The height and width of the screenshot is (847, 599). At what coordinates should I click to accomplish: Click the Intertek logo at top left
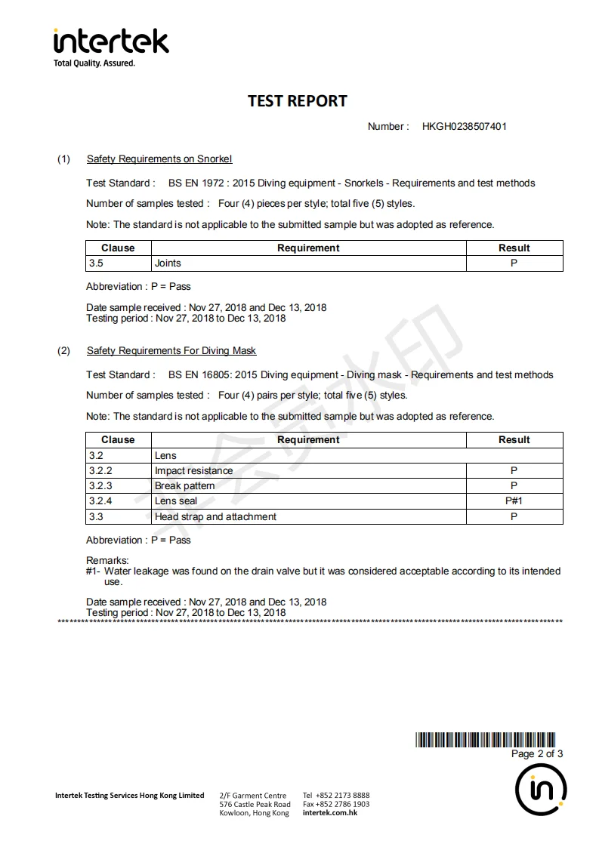[x=111, y=46]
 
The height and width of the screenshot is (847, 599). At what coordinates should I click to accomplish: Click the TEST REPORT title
[x=298, y=101]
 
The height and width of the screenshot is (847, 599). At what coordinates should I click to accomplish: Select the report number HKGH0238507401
[x=464, y=126]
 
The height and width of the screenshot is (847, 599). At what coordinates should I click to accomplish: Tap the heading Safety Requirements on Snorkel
[x=159, y=159]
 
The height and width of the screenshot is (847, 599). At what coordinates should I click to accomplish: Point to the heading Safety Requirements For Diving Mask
[x=171, y=350]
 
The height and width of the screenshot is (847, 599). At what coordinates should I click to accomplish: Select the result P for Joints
[x=514, y=263]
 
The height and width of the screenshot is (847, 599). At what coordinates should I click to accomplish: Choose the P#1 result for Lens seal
[x=514, y=500]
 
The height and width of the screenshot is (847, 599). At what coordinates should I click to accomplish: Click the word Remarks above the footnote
[x=107, y=560]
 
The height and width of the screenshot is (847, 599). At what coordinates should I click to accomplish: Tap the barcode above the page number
[x=485, y=740]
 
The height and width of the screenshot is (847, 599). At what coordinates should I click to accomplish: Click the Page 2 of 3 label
[x=536, y=753]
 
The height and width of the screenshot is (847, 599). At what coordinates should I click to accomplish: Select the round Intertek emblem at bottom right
[x=541, y=790]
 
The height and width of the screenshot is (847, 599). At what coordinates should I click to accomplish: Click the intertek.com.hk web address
[x=330, y=812]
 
